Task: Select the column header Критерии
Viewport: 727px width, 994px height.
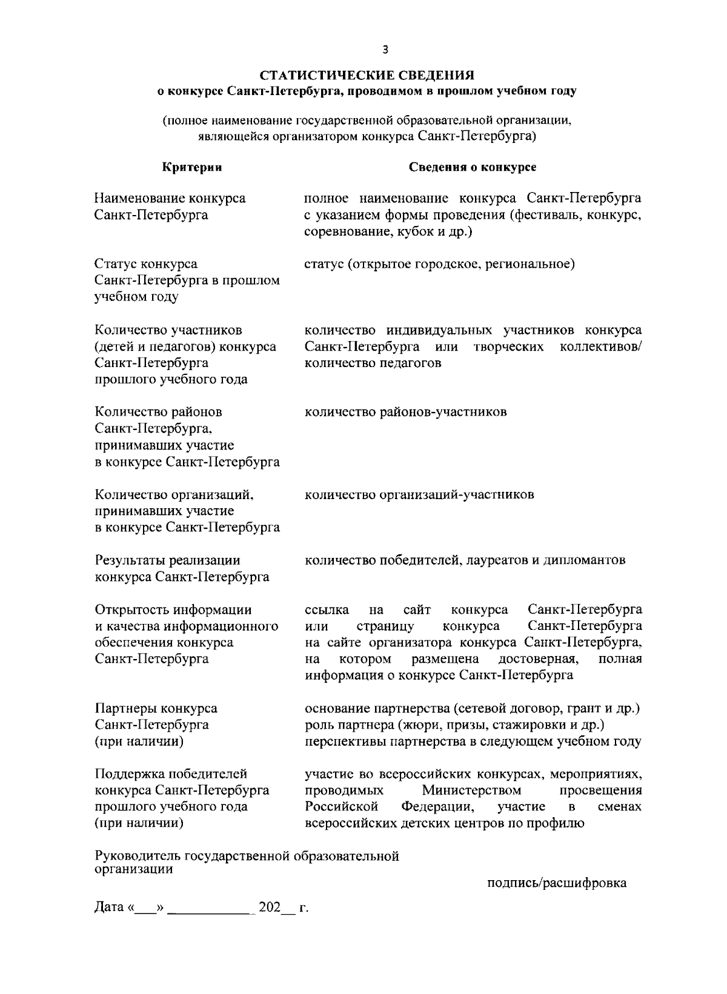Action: pos(192,167)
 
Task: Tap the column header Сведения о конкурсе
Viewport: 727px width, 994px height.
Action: pos(473,167)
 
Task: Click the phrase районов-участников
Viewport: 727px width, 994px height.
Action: pos(443,413)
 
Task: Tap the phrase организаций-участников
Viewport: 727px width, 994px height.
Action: pos(457,495)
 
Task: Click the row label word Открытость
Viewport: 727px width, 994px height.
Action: pos(132,609)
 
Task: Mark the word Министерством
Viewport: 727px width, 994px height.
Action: pos(471,790)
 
